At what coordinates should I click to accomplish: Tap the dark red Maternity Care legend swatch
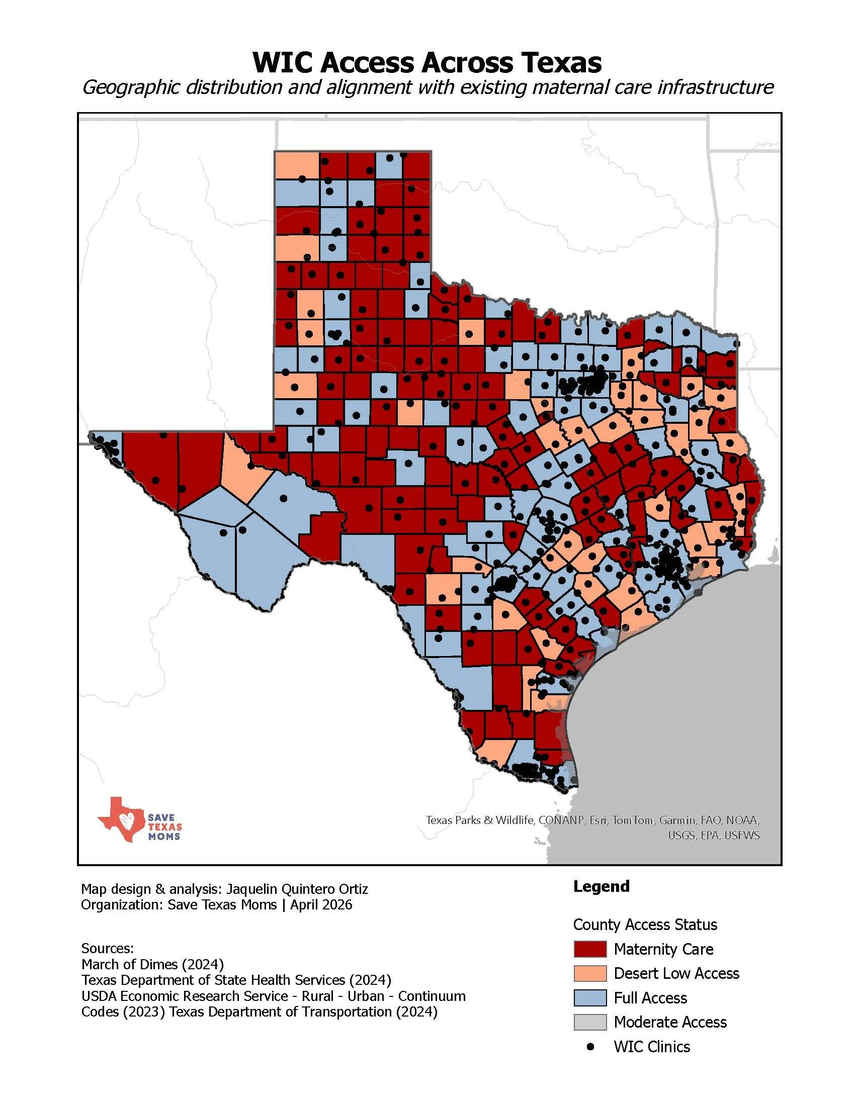(x=589, y=949)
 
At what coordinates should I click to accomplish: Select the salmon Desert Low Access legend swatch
(x=589, y=973)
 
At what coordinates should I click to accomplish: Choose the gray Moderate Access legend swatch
(x=589, y=1022)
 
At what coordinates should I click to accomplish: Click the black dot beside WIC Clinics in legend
(x=589, y=1047)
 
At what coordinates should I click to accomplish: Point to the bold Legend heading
(x=601, y=886)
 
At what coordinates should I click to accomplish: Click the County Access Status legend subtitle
(x=645, y=925)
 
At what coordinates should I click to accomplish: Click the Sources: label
(x=107, y=948)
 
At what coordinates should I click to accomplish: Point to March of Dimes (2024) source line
(x=152, y=964)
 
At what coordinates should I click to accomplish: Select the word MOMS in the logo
(x=163, y=837)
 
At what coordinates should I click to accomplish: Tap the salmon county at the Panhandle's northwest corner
(x=297, y=164)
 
